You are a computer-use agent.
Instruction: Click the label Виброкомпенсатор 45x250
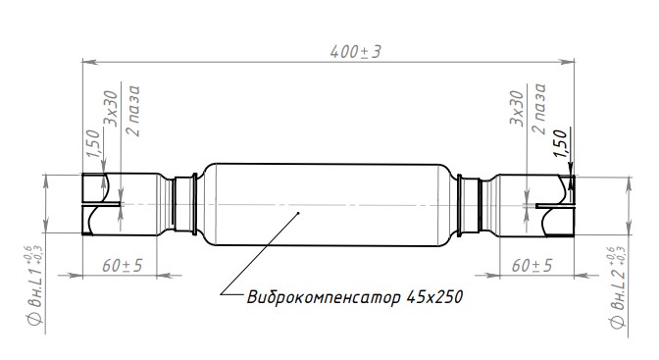354,295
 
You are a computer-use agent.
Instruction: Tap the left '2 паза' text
133,108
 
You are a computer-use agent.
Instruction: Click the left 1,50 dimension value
92,144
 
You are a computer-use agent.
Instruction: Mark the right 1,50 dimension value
560,144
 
